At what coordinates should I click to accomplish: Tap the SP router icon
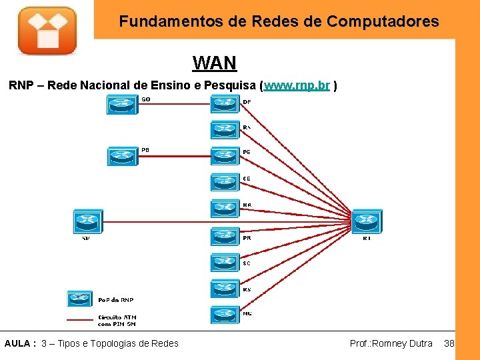(x=87, y=221)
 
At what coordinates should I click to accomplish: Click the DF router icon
(x=225, y=104)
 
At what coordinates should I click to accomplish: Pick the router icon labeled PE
(x=225, y=156)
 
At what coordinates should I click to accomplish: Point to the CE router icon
(x=225, y=182)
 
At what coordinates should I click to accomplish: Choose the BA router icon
(x=225, y=209)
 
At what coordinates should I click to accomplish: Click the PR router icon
(x=225, y=235)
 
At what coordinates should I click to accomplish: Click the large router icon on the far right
(x=367, y=220)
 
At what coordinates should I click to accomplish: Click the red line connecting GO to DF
(x=175, y=103)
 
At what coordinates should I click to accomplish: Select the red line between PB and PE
(x=175, y=156)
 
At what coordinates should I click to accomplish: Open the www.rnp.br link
(x=297, y=86)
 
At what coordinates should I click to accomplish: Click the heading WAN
(x=214, y=63)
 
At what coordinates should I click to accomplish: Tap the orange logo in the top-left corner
(x=47, y=31)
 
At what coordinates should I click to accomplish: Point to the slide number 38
(x=449, y=343)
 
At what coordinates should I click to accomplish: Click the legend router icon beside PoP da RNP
(x=80, y=299)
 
